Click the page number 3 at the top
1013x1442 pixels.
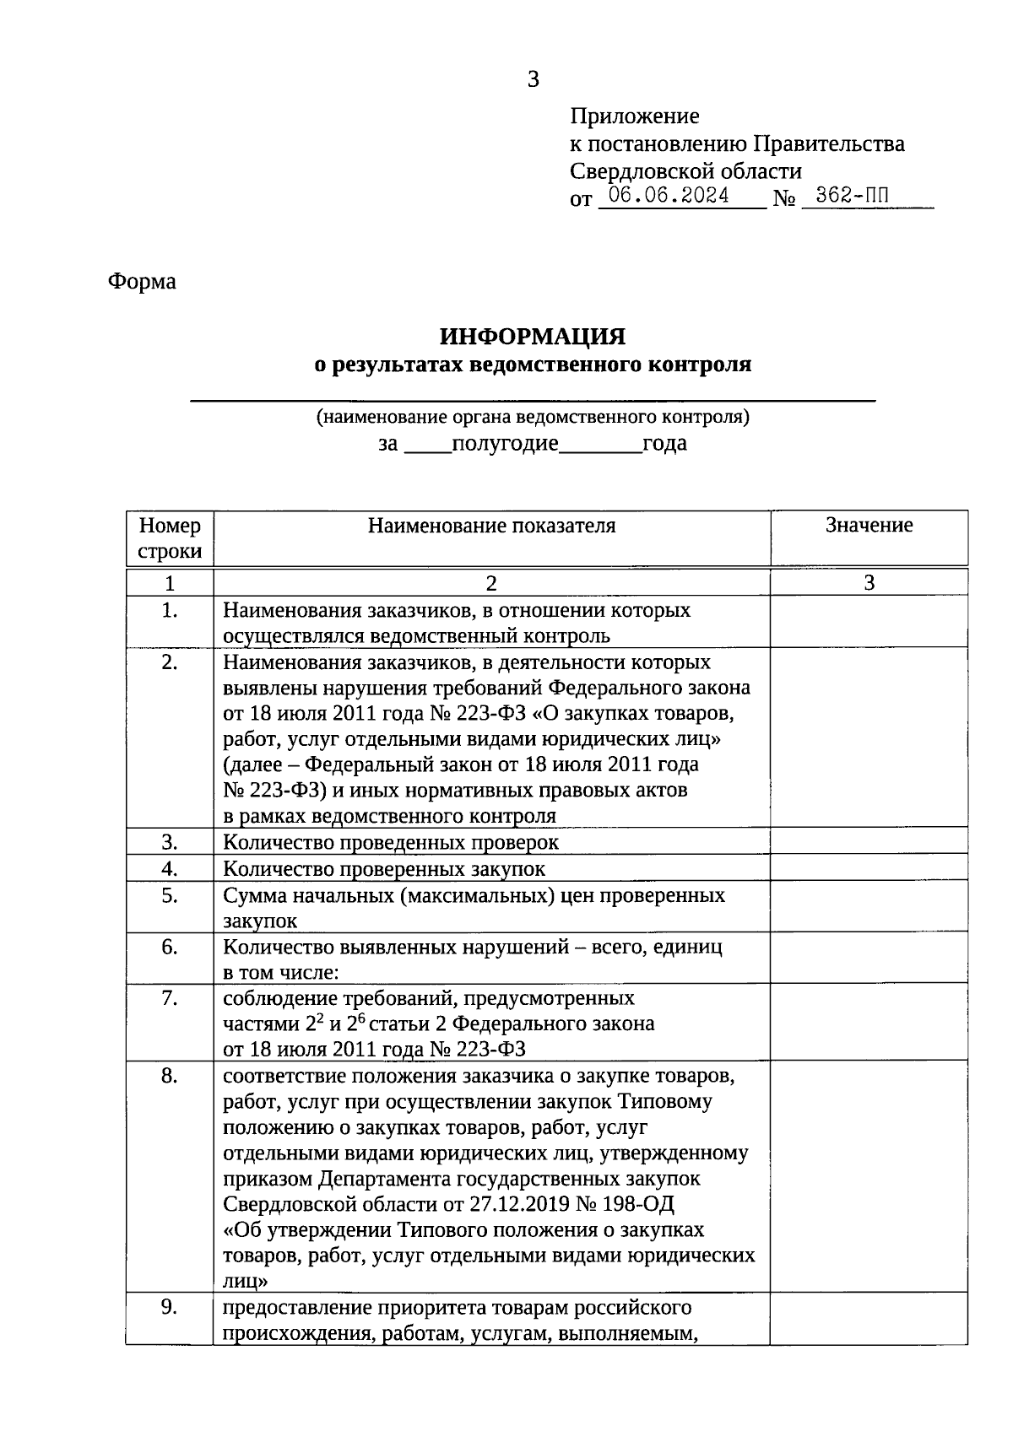pos(533,79)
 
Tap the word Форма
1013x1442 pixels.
pos(142,282)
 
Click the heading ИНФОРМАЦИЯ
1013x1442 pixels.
pos(533,337)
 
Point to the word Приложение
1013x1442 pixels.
pos(635,116)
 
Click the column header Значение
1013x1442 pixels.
pos(869,526)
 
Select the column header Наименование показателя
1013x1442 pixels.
pos(491,526)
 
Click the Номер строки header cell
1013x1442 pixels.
pos(170,538)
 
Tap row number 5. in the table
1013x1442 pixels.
pos(170,895)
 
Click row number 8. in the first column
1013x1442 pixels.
pos(170,1076)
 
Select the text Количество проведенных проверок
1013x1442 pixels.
pos(391,842)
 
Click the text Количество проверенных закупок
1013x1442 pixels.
pos(384,868)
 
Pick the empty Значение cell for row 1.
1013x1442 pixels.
pos(869,622)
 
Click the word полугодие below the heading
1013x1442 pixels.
pos(505,444)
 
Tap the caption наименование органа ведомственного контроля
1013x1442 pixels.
pos(533,417)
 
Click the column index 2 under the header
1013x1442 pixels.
pos(491,583)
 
